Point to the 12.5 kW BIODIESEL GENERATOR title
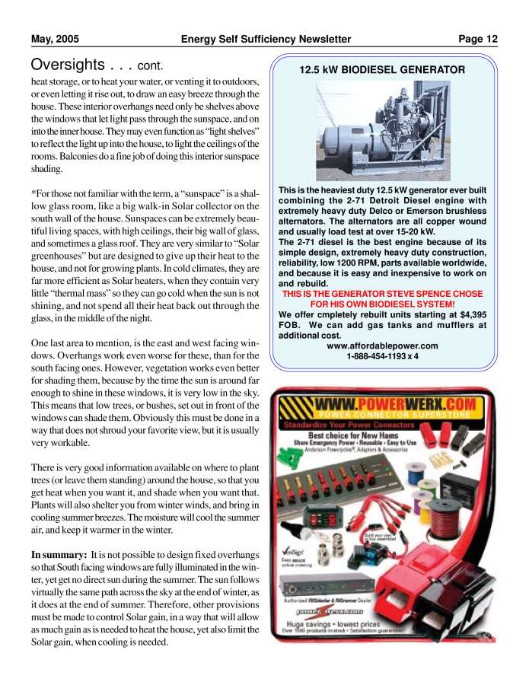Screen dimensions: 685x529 (x=382, y=69)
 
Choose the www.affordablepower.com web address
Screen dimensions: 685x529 (x=382, y=346)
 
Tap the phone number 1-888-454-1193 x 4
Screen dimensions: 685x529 (x=382, y=356)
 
